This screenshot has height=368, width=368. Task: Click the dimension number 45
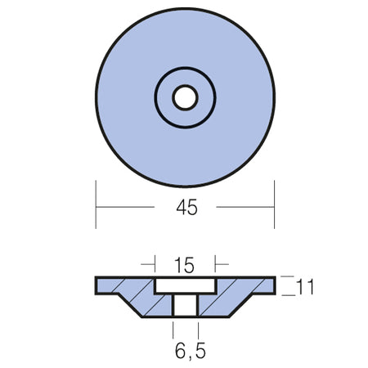coord(186,208)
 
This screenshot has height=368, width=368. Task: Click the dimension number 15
coord(185,265)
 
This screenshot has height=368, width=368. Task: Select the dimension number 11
coord(305,287)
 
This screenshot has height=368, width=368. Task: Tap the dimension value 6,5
coord(191,351)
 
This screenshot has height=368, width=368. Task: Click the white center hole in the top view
coord(185,98)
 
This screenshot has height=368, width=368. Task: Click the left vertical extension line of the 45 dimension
coord(96,204)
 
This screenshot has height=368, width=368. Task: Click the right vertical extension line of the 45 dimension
coord(274,204)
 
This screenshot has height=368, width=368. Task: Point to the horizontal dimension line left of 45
coord(125,207)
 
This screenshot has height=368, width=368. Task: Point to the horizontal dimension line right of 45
coord(245,207)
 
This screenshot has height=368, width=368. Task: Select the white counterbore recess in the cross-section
coord(186,285)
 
